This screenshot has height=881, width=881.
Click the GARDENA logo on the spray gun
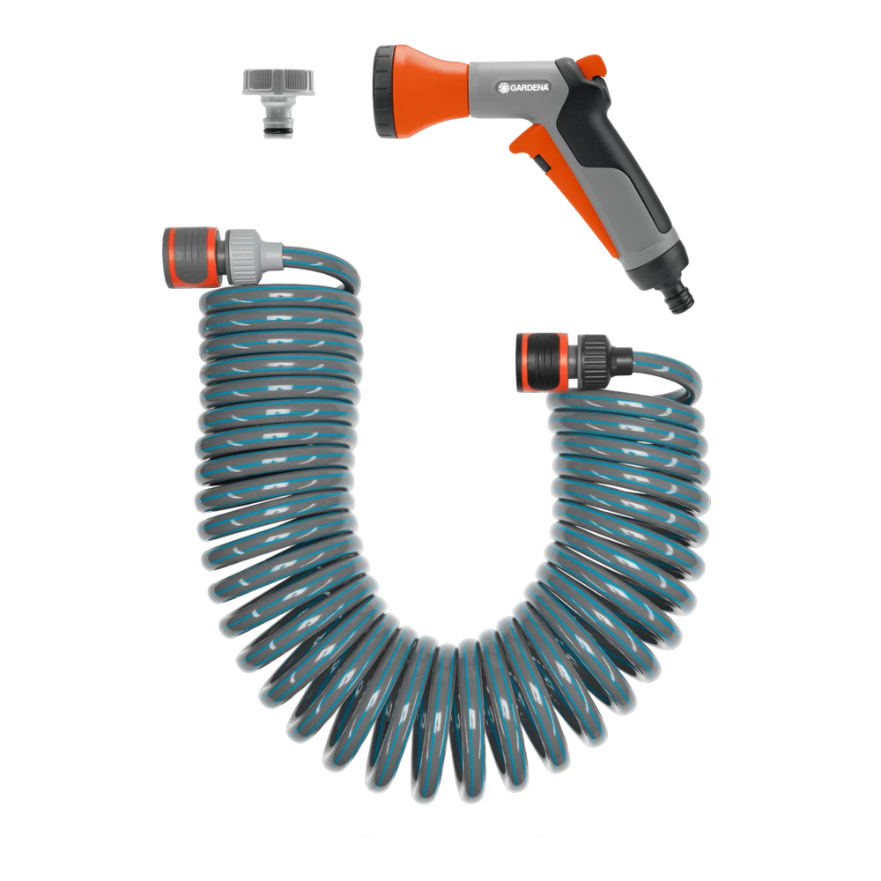click(x=523, y=87)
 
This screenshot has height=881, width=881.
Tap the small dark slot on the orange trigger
click(x=542, y=164)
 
